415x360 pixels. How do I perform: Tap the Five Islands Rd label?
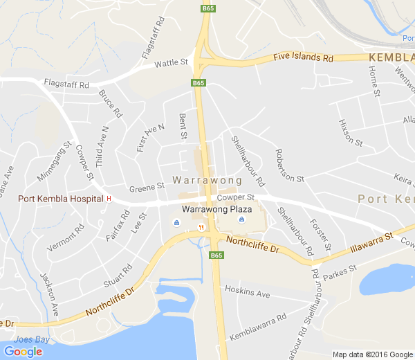303,57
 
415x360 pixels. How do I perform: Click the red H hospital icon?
109,199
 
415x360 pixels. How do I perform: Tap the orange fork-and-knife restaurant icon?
201,226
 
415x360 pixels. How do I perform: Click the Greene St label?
146,186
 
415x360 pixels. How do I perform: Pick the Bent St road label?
183,125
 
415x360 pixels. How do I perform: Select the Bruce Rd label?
110,103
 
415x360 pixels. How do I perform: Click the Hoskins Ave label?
248,294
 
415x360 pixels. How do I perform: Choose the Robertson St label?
289,165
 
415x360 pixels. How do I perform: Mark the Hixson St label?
350,132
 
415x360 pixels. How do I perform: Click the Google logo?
23,352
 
